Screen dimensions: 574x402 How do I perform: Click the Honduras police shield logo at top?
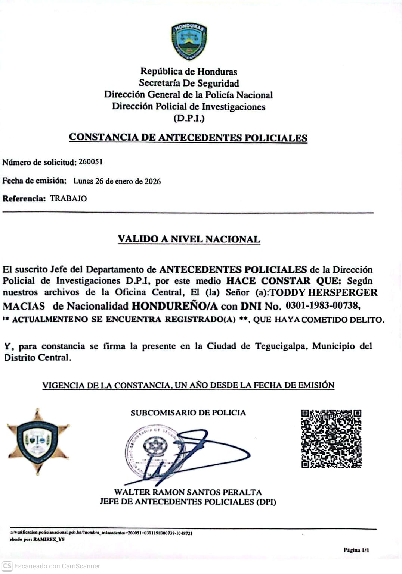coord(189,41)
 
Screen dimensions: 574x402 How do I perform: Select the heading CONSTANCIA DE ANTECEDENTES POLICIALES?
coord(188,137)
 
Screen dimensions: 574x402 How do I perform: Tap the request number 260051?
coord(90,162)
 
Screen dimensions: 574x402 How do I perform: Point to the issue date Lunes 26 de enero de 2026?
coord(117,181)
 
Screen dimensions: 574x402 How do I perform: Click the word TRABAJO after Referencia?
coord(68,198)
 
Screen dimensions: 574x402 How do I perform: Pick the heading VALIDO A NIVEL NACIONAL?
coord(189,239)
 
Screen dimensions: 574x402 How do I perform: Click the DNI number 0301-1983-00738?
coord(323,306)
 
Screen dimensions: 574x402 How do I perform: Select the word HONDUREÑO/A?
coord(174,306)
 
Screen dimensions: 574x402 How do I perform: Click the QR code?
coord(331,439)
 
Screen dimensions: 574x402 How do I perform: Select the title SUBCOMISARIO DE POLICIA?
coord(188,413)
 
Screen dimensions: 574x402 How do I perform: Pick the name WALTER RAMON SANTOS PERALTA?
coord(188,492)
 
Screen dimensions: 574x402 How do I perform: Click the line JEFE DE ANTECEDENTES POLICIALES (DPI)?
coord(188,502)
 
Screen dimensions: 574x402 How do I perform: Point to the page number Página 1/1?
coord(356,550)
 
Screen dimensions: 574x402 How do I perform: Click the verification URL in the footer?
coord(101,533)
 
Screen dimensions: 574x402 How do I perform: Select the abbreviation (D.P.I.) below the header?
coord(189,119)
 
